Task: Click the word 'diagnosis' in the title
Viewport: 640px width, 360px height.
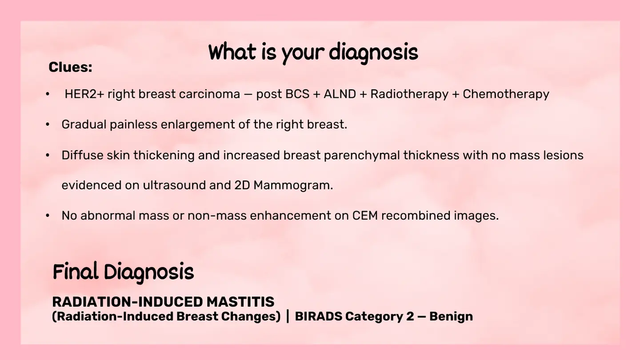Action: coord(373,53)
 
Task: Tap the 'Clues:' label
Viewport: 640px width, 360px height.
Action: coord(70,67)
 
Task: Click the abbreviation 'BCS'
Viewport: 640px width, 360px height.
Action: coord(297,94)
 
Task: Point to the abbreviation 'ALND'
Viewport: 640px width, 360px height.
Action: coord(340,94)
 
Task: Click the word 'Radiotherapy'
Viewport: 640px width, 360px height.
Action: coord(409,95)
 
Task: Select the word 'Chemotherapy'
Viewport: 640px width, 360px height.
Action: coord(506,95)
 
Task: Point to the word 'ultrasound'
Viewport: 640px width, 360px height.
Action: coord(174,185)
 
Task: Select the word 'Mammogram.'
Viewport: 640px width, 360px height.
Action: coord(293,186)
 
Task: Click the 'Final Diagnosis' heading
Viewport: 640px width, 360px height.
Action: coord(123,272)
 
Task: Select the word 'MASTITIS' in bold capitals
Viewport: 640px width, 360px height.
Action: coord(240,302)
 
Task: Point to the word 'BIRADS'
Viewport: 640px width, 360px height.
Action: coord(318,316)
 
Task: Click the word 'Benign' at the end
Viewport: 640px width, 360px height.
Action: coord(451,317)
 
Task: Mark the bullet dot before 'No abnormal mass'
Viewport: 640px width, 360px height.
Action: coord(48,216)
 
